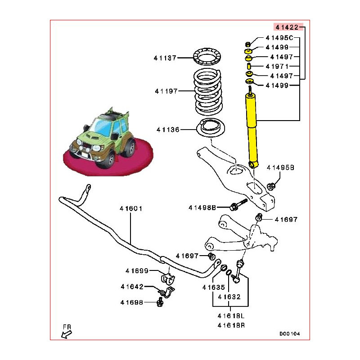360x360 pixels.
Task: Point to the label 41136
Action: click(168, 130)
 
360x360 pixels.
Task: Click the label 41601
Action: click(131, 209)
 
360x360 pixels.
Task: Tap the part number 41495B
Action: click(280, 167)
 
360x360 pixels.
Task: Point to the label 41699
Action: click(137, 270)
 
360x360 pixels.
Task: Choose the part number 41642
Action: click(132, 287)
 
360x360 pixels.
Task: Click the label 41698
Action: click(132, 302)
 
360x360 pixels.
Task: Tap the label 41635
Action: click(213, 287)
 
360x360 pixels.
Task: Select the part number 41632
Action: click(229, 297)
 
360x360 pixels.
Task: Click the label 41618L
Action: click(230, 316)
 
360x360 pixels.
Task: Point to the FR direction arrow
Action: click(66, 333)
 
